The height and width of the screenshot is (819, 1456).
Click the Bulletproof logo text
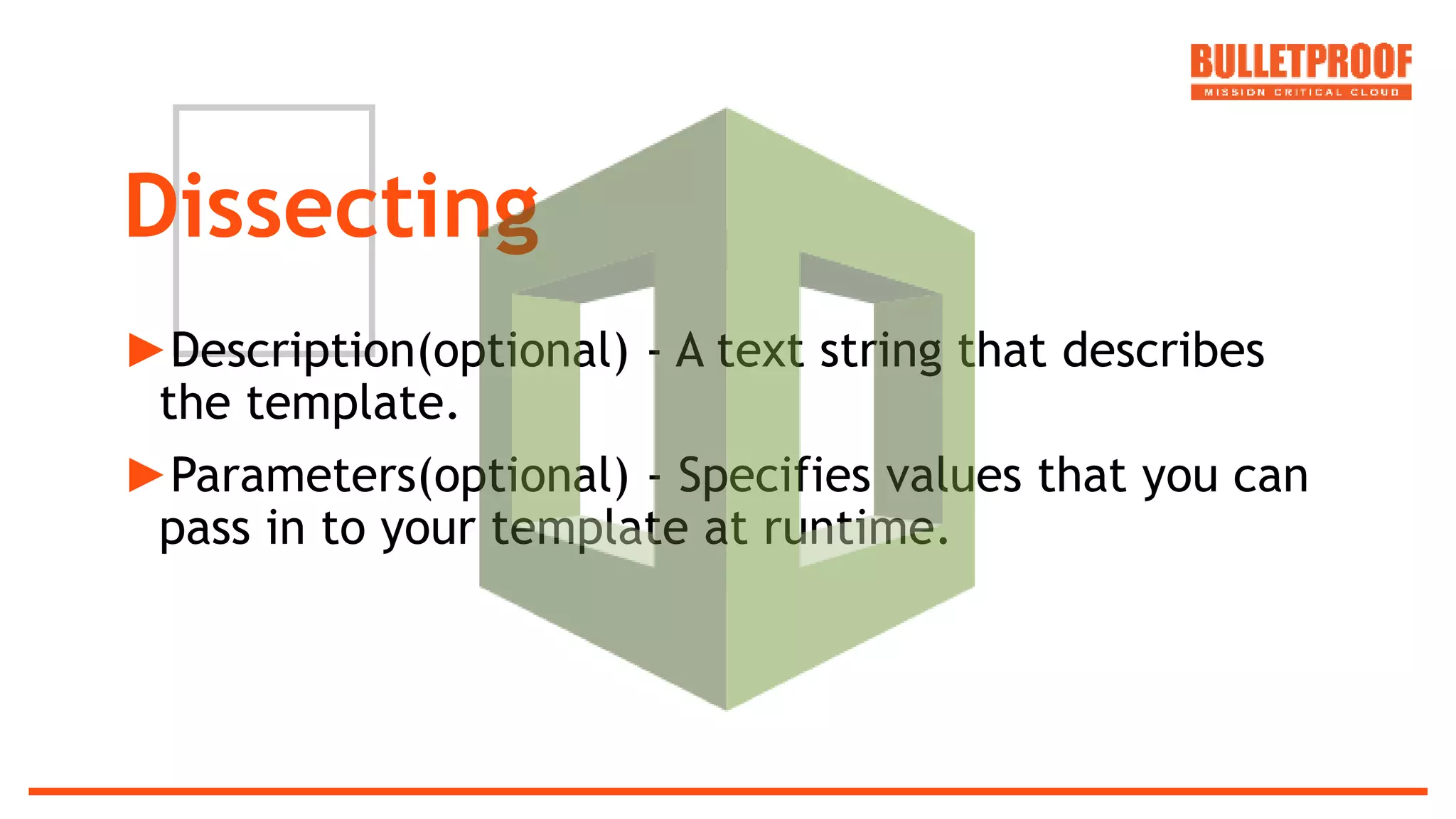1300,62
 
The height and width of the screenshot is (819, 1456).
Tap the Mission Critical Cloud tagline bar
1300,92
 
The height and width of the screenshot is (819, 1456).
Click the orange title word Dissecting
331,208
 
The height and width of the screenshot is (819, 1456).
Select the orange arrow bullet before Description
146,350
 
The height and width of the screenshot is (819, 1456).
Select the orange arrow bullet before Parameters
146,475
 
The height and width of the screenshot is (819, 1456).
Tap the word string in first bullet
881,351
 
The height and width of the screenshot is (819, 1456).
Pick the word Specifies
774,476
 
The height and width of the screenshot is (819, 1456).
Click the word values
953,475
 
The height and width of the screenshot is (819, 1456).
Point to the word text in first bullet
760,350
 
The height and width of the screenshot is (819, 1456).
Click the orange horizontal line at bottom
728,791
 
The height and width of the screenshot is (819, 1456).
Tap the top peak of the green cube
726,111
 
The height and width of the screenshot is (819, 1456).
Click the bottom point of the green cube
727,707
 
